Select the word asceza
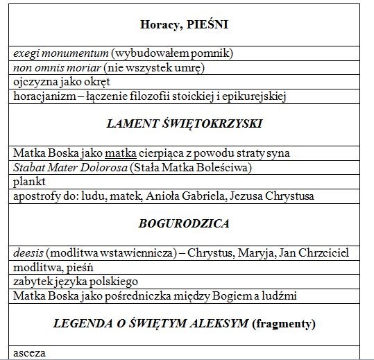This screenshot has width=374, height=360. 28,353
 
